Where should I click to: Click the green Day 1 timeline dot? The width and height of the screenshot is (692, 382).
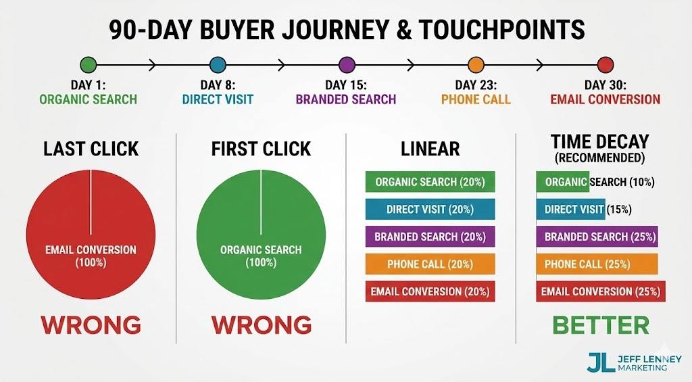click(88, 65)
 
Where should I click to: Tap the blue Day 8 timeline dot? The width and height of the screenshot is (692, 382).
click(218, 65)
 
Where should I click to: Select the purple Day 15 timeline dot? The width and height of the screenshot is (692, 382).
click(347, 65)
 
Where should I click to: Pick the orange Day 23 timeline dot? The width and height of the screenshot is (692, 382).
click(476, 65)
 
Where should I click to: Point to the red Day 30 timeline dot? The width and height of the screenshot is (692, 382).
click(605, 65)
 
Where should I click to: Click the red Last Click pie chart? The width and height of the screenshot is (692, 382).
click(91, 234)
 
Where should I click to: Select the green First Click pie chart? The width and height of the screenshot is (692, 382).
click(261, 234)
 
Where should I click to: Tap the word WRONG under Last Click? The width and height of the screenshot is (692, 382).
click(91, 325)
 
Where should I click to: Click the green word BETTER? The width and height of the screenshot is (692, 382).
click(601, 325)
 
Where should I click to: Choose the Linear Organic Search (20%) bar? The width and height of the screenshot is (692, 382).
click(430, 182)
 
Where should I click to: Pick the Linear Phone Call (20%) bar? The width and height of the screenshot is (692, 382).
click(430, 264)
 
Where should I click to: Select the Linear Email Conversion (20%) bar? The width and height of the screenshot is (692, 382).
click(430, 291)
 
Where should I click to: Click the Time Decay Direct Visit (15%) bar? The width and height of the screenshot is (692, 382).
click(570, 210)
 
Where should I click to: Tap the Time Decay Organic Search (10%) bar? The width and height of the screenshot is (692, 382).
click(563, 182)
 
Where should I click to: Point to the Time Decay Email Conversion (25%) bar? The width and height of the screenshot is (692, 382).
click(601, 291)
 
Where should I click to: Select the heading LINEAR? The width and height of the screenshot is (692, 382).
click(430, 149)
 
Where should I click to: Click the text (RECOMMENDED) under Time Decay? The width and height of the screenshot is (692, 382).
click(599, 158)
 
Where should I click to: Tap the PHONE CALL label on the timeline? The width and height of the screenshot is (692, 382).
click(476, 99)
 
